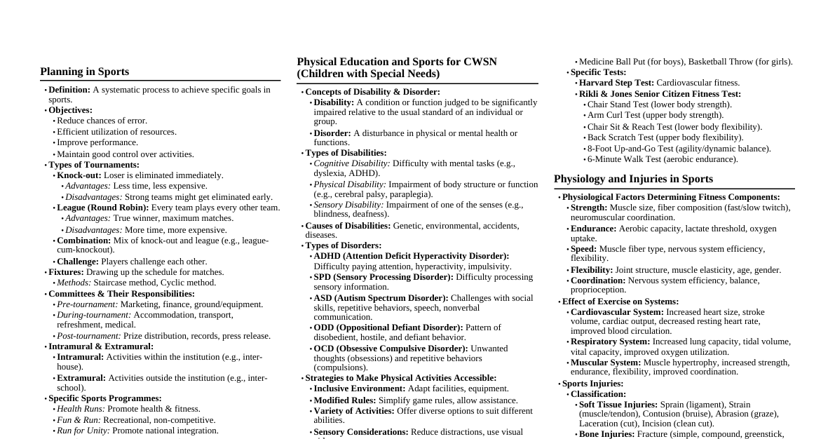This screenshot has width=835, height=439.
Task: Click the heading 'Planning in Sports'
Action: point(85,72)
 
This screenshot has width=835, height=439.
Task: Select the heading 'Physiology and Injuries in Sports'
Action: point(633,179)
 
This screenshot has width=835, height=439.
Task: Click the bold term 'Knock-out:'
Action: point(79,175)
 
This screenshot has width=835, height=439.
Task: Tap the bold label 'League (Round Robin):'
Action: point(103,208)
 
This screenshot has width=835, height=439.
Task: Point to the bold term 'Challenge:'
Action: point(78,262)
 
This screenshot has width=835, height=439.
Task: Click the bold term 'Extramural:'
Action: point(81,378)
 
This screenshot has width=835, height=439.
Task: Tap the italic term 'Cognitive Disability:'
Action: point(352,163)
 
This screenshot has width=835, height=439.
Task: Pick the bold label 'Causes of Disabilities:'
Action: point(348,226)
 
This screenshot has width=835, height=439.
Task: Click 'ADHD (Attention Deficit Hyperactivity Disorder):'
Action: point(412,256)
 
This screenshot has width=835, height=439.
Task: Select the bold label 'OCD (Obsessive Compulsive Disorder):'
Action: point(391,349)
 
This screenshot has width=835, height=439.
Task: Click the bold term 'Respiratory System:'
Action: point(610,342)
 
